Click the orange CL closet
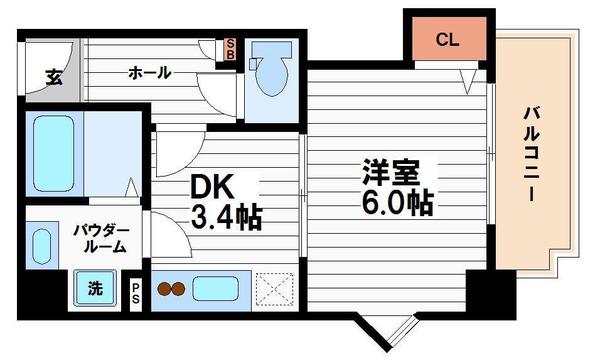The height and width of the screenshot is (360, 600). [447, 40]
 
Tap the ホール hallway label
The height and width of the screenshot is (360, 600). [149, 72]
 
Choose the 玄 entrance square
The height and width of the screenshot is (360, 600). [52, 75]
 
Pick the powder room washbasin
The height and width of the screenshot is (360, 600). [41, 244]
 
